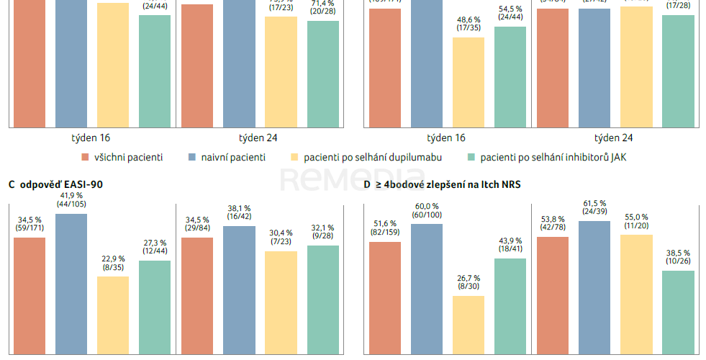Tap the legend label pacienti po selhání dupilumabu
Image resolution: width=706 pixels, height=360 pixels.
(372, 157)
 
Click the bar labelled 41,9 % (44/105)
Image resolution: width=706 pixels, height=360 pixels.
(71, 284)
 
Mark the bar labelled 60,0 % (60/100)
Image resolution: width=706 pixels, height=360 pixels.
(427, 289)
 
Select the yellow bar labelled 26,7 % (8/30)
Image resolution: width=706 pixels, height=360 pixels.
(469, 325)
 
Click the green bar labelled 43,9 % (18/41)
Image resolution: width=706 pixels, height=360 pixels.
(510, 306)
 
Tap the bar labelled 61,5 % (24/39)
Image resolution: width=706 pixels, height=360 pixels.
(594, 287)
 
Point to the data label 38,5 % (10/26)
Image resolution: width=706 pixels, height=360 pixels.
(678, 258)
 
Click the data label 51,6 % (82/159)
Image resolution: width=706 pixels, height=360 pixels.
(385, 229)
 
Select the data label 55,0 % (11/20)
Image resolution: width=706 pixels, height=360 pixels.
(636, 222)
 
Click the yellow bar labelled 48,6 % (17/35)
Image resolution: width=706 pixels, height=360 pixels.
(469, 82)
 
